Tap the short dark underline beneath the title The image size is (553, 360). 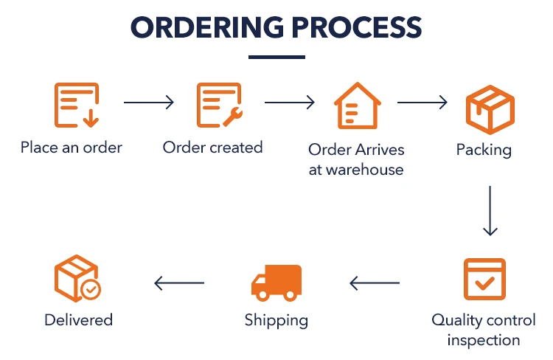pos(276,56)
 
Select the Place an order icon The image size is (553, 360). pos(76,105)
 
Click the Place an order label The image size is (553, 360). pos(72,147)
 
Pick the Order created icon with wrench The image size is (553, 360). pos(219,105)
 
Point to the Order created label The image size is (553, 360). pos(212,147)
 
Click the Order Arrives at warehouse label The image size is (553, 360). pos(356,159)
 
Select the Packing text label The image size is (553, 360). pos(484,150)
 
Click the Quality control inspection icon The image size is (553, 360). pos(484,279)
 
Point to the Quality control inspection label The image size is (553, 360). pos(484,330)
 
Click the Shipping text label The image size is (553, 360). pos(276,320)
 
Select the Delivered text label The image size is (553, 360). pos(78,320)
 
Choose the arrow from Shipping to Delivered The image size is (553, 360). pos(179,282)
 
